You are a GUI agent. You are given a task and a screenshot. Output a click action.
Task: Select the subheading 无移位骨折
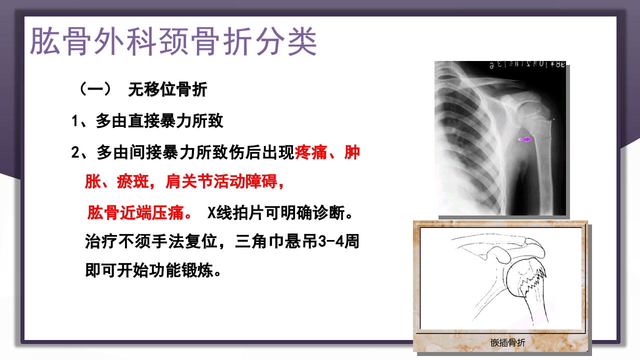pos(167,90)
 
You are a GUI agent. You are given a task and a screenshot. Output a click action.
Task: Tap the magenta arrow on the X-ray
pos(525,139)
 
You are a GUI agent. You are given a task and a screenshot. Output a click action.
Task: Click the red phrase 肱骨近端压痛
pos(137,213)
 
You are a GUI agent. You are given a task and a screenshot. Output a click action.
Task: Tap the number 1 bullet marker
pos(76,121)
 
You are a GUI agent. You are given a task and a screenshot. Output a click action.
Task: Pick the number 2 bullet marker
pos(76,152)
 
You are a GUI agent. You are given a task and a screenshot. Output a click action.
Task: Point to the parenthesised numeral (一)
pos(95,90)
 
